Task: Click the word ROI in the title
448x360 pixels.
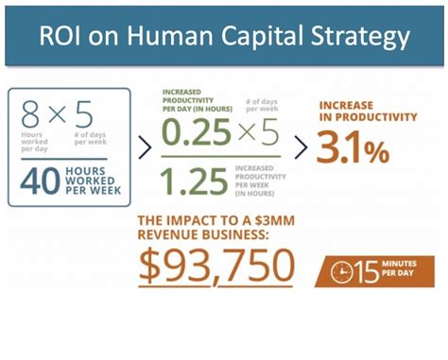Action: pyautogui.click(x=62, y=37)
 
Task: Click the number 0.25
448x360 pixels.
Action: pyautogui.click(x=197, y=134)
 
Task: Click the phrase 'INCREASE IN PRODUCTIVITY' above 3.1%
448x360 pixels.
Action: pyautogui.click(x=368, y=111)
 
